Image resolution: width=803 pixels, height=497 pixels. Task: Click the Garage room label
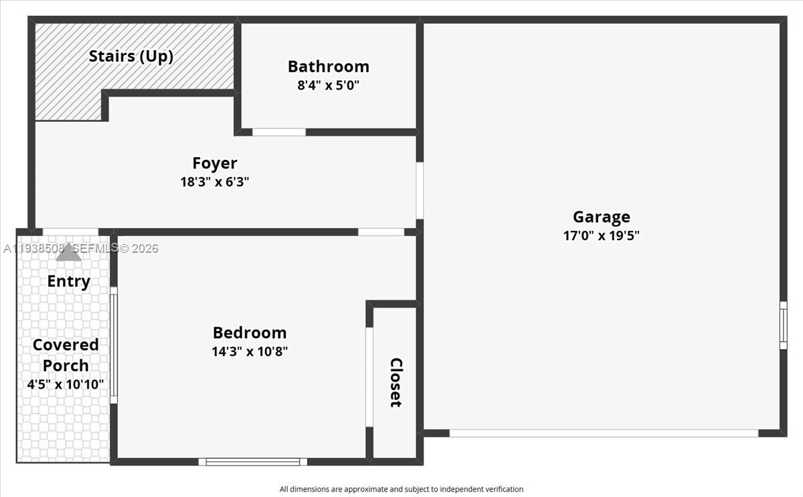pyautogui.click(x=601, y=217)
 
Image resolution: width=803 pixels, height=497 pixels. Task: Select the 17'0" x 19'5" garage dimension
pyautogui.click(x=601, y=235)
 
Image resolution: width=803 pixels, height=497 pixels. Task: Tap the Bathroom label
pyautogui.click(x=328, y=66)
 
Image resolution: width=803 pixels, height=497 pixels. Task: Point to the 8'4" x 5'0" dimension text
pyautogui.click(x=328, y=86)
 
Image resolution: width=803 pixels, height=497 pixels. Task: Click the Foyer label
pyautogui.click(x=214, y=163)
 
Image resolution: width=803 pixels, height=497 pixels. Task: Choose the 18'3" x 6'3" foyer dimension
pyautogui.click(x=214, y=182)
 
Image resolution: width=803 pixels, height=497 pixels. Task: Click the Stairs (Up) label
pyautogui.click(x=131, y=56)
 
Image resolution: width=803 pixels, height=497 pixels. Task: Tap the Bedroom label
pyautogui.click(x=249, y=332)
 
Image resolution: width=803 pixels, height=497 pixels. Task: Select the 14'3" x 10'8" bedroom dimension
pyautogui.click(x=249, y=351)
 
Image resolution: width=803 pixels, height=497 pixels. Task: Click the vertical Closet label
pyautogui.click(x=395, y=382)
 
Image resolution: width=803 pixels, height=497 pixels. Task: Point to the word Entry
pyautogui.click(x=68, y=282)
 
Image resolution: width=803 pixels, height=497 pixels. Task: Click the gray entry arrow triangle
pyautogui.click(x=68, y=252)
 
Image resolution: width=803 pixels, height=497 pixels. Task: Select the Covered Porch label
pyautogui.click(x=66, y=355)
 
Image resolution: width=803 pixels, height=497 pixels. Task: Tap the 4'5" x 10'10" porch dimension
pyautogui.click(x=66, y=385)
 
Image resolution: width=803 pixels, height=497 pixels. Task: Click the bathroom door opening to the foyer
pyautogui.click(x=278, y=132)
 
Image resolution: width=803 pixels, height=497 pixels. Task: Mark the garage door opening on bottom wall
pyautogui.click(x=603, y=433)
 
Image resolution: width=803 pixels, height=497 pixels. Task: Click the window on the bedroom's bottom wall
pyautogui.click(x=252, y=462)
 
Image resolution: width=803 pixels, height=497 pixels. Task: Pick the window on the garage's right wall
pyautogui.click(x=783, y=325)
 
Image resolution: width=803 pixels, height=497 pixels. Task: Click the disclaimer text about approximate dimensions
pyautogui.click(x=401, y=489)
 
